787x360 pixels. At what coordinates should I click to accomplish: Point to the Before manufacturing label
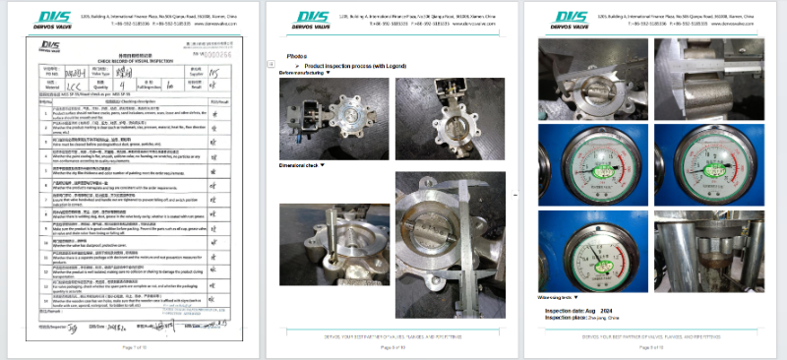click(304, 73)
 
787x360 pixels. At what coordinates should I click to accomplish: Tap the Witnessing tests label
click(556, 295)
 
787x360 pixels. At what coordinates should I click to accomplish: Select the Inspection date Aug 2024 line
click(584, 309)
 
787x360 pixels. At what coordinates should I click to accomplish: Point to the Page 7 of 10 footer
click(137, 347)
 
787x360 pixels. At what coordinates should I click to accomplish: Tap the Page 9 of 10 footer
click(655, 347)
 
